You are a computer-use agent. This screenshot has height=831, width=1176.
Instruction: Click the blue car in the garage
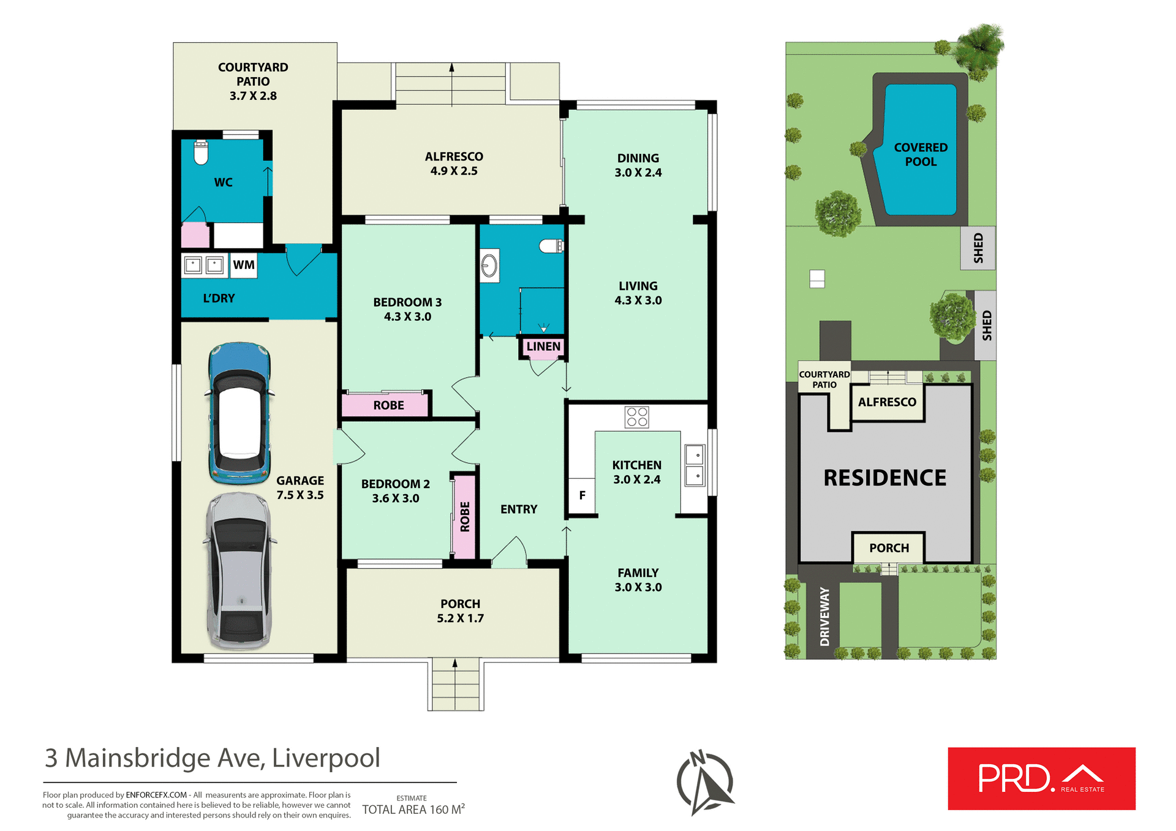tap(239, 413)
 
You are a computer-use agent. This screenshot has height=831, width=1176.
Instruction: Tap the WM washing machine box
tap(244, 265)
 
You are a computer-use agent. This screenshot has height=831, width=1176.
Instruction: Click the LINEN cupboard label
tap(543, 347)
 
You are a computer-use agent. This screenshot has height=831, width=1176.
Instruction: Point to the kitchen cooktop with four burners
tap(637, 417)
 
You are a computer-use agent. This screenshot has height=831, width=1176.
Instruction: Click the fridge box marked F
tap(582, 495)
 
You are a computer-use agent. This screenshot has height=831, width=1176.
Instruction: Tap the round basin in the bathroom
tap(489, 266)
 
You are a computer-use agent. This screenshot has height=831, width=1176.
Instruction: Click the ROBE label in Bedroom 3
tap(388, 405)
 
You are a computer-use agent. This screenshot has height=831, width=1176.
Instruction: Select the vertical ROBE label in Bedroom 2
tap(465, 516)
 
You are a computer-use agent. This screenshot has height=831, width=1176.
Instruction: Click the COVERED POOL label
tap(921, 154)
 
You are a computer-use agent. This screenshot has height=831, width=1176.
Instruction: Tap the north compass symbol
tap(705, 783)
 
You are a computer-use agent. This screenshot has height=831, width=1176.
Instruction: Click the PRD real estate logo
tap(1041, 778)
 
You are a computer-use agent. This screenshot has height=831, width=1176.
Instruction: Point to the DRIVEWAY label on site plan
tap(824, 616)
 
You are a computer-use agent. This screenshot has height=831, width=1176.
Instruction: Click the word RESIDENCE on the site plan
tap(884, 478)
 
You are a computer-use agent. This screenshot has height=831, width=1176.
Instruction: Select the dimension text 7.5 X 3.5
tap(300, 495)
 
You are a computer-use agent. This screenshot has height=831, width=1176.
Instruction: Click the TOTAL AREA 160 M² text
tap(413, 810)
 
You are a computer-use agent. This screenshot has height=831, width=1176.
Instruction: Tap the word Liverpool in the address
tap(326, 758)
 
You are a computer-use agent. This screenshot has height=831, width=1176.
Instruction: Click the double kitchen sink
tap(695, 465)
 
